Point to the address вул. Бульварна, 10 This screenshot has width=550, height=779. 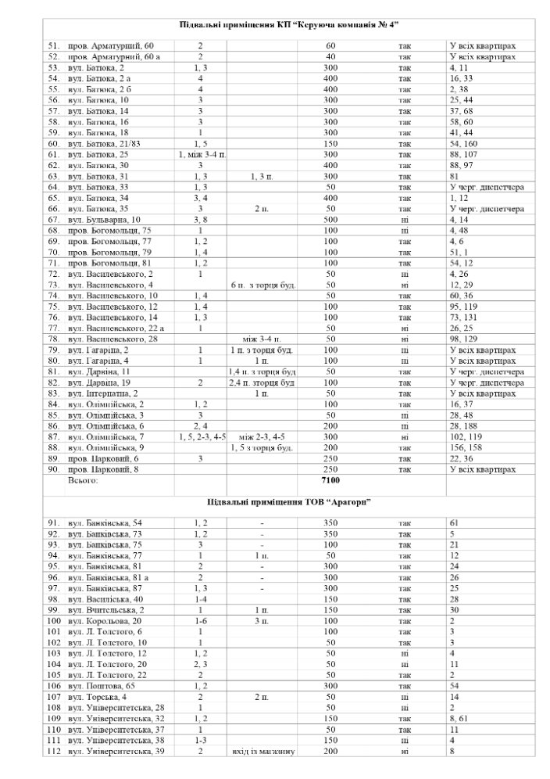pyautogui.click(x=105, y=220)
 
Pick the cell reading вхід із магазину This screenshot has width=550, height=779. pyautogui.click(x=262, y=752)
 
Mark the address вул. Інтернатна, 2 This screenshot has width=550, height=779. pyautogui.click(x=105, y=393)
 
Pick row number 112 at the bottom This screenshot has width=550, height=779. pyautogui.click(x=54, y=752)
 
